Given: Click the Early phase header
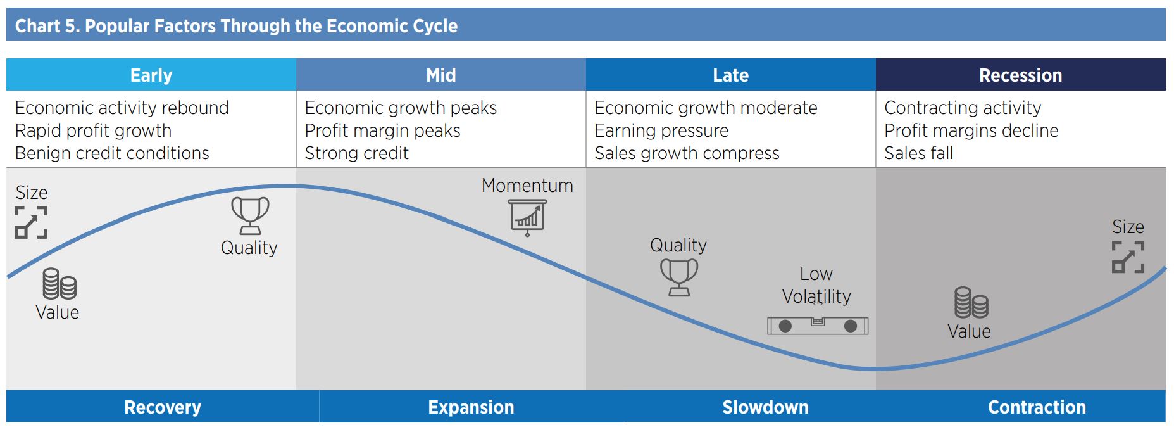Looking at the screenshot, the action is (x=151, y=75).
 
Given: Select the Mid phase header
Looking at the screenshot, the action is (x=440, y=75).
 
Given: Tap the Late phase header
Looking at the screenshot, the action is (x=730, y=75).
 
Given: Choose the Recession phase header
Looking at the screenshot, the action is (x=1020, y=75).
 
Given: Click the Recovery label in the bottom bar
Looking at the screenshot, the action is (x=163, y=407).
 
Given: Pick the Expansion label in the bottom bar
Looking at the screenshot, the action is (x=471, y=407).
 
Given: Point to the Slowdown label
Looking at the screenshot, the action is (x=765, y=407).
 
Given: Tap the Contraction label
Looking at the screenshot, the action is (x=1037, y=407).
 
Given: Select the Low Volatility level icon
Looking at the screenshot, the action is (x=818, y=326).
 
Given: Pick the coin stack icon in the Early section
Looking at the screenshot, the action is (x=59, y=284).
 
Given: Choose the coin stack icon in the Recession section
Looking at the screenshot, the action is (x=971, y=303).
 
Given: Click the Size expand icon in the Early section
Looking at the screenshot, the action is (x=31, y=222).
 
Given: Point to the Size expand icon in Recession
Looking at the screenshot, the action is (x=1128, y=257).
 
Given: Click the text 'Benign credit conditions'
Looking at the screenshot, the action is (x=112, y=153).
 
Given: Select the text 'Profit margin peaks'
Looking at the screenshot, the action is (x=382, y=130).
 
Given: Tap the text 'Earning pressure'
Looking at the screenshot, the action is (x=661, y=130).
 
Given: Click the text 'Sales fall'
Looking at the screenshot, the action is (x=918, y=153).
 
